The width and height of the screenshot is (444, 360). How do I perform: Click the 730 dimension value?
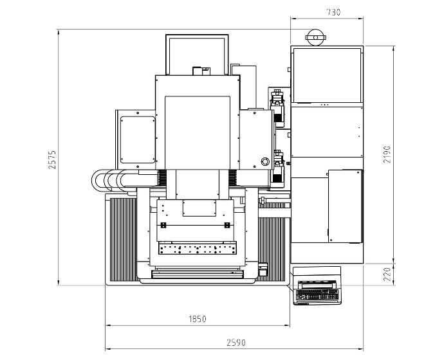(333, 12)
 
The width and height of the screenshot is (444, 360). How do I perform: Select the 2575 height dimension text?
(52, 160)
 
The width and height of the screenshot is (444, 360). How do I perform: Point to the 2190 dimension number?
(387, 154)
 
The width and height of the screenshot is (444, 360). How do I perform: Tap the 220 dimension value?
(387, 274)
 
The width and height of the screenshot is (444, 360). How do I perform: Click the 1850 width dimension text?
(198, 319)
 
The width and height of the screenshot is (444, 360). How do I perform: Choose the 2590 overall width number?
(236, 343)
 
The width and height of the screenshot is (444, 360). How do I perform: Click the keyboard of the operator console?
(317, 294)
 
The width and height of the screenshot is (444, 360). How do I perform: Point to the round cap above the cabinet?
(316, 37)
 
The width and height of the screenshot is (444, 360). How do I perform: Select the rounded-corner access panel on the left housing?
(138, 139)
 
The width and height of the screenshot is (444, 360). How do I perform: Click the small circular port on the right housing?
(265, 161)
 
